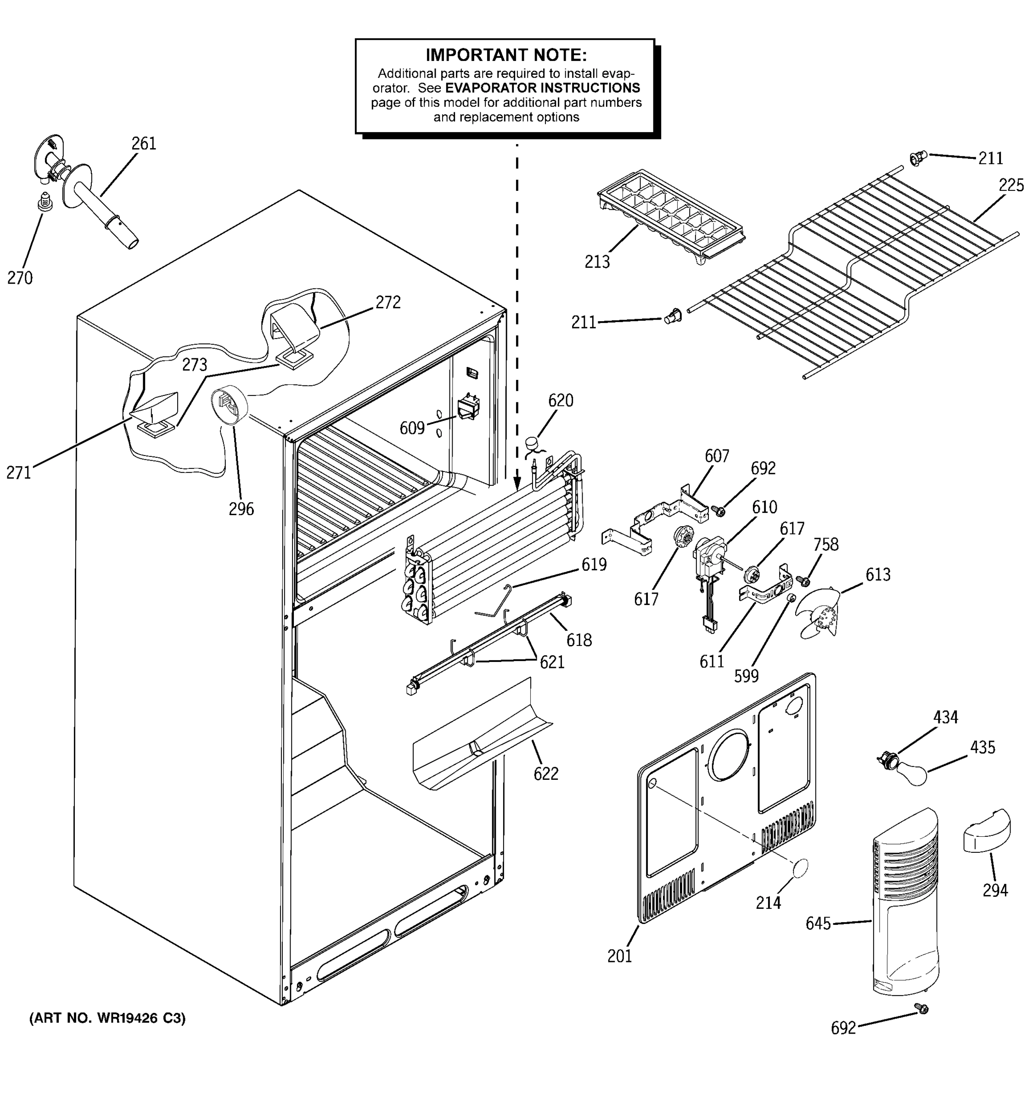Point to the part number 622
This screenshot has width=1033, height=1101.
coord(545,774)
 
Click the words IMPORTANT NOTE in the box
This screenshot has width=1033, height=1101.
coord(505,55)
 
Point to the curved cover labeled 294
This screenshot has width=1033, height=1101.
coord(987,831)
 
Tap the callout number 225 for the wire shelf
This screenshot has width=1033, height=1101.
coord(1011,185)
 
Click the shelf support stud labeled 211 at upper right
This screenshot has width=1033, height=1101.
coord(917,159)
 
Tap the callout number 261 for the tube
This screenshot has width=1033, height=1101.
coord(144,144)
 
